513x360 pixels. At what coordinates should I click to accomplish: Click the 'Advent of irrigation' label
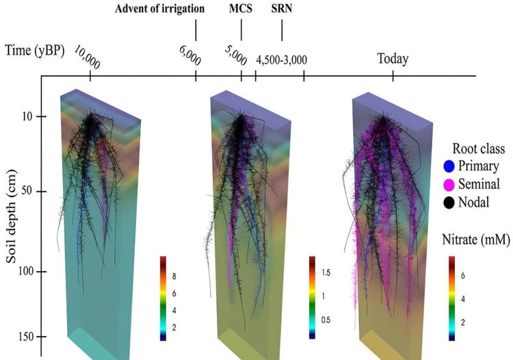[159, 9]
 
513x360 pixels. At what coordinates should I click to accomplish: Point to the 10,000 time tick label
[88, 59]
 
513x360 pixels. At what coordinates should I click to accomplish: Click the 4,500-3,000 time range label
[282, 59]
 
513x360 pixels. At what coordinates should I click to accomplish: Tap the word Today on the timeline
[393, 58]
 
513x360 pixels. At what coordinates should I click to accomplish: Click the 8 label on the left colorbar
[174, 276]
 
